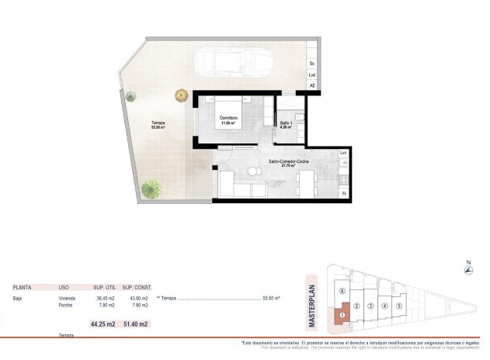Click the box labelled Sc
click(x=312, y=62)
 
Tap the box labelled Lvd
click(x=312, y=74)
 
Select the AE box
click(x=312, y=85)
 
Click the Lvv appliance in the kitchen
click(x=343, y=154)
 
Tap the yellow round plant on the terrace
click(x=182, y=95)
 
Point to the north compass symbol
click(x=467, y=270)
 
